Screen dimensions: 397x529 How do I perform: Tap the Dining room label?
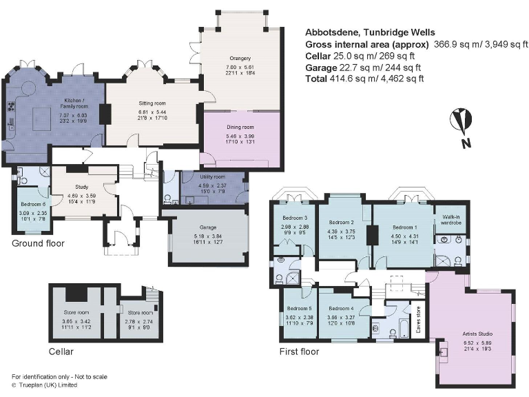pos(240,127)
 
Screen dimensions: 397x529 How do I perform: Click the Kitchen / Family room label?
pos(73,103)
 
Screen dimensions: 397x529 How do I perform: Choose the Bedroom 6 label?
pos(32,204)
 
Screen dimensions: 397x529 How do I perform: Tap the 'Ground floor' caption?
pos(39,244)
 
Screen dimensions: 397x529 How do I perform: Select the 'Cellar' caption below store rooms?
pos(61,352)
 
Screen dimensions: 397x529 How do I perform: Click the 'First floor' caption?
pos(299,352)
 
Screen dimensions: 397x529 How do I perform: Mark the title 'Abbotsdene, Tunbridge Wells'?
pos(370,32)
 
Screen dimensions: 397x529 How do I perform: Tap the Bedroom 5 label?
pos(300,309)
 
